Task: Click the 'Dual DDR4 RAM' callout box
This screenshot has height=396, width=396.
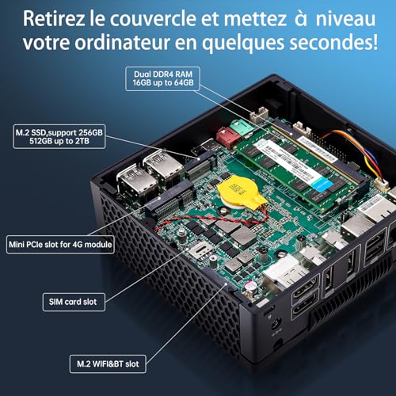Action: (x=162, y=78)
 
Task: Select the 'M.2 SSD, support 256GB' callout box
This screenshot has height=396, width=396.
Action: (x=59, y=136)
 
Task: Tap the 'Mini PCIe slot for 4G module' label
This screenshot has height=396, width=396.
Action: (x=60, y=245)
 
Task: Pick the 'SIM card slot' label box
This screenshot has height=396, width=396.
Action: (x=74, y=302)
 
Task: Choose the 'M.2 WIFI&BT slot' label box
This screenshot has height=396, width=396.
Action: (x=108, y=364)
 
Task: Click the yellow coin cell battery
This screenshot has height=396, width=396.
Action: (x=242, y=192)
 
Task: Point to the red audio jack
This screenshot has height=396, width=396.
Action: (x=227, y=137)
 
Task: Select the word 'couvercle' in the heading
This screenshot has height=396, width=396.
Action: (x=153, y=18)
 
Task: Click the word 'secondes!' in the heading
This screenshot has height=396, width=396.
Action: (x=333, y=42)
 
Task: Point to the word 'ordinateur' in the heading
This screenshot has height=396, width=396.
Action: (x=122, y=42)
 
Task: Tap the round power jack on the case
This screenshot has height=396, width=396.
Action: (x=276, y=323)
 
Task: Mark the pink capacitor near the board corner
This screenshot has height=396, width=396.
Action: (x=249, y=286)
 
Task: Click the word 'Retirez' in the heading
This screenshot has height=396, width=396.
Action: (x=54, y=18)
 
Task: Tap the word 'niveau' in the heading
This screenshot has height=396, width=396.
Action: (x=346, y=18)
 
